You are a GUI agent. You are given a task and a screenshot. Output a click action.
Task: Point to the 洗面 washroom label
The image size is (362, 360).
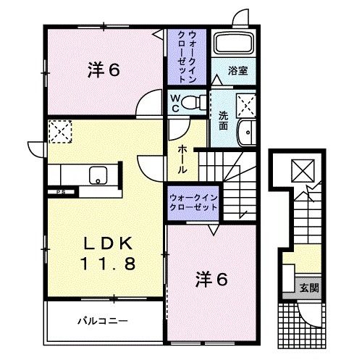[x=224, y=119]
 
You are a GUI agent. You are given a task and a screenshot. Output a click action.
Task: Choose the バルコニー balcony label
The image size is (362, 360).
[x=102, y=319]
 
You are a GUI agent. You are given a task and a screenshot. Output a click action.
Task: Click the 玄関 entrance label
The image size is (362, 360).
[x=310, y=288]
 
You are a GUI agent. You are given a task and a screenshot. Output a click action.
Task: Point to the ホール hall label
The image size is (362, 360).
[x=184, y=155]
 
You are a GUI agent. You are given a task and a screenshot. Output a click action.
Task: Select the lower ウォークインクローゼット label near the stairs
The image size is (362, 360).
[x=193, y=201]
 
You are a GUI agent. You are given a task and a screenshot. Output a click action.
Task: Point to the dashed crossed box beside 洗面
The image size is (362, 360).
[x=247, y=106]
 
